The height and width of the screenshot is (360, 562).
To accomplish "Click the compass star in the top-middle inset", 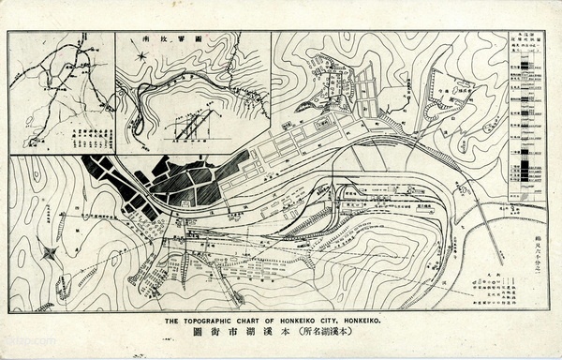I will coord(140,56).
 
